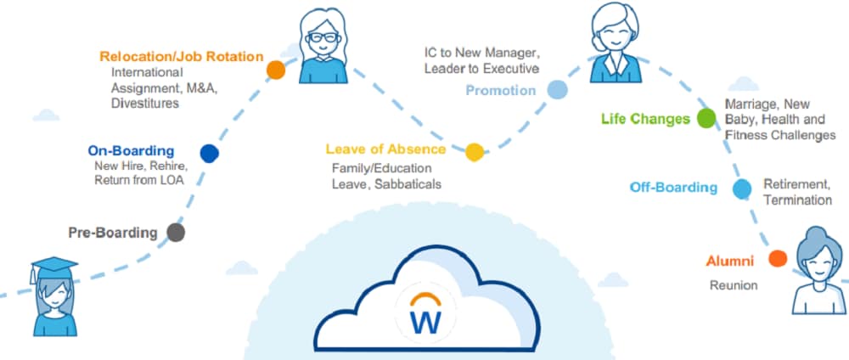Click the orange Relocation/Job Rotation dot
[x=276, y=70]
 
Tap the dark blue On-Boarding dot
[x=209, y=153]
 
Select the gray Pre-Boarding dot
[x=176, y=233]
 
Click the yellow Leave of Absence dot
[x=475, y=153]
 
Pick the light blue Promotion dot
[x=557, y=90]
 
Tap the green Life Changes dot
[x=706, y=119]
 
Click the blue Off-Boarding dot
[x=742, y=188]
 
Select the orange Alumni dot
[x=778, y=259]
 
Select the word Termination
[x=797, y=200]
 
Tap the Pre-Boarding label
[x=113, y=233]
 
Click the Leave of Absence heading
[x=385, y=149]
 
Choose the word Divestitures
[x=145, y=103]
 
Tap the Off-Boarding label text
[x=673, y=188]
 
